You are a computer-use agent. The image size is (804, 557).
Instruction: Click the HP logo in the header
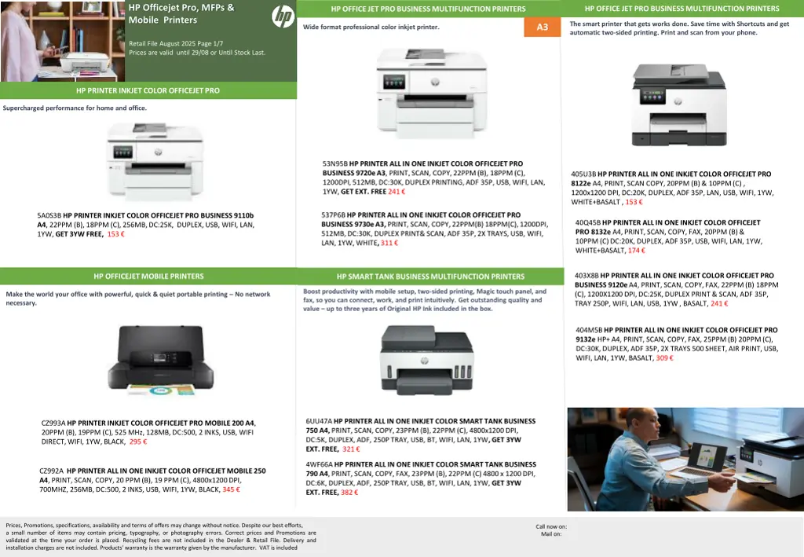point(283,16)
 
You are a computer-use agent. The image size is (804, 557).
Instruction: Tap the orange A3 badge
point(542,27)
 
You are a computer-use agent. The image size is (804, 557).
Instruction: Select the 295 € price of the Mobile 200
point(138,442)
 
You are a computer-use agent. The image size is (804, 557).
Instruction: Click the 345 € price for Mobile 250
point(231,489)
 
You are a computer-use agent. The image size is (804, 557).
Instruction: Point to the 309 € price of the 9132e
point(664,358)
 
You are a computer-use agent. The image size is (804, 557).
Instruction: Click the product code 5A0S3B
point(49,215)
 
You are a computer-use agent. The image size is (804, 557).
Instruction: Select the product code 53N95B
point(334,163)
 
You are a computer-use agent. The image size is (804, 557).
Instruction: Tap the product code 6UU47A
point(319,421)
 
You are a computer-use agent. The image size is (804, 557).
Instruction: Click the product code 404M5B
point(589,330)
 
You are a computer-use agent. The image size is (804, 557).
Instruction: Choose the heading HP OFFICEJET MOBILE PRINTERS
point(148,277)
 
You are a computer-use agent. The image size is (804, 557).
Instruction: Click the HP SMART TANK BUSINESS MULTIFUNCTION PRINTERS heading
point(431,277)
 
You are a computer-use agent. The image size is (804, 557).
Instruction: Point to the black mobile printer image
point(160,360)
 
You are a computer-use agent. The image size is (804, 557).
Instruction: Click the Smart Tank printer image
point(426,359)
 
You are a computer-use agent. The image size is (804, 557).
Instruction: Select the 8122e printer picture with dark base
point(679,104)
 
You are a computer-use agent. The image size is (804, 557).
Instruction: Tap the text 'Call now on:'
point(551,526)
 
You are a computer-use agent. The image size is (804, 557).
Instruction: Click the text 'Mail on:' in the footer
point(551,534)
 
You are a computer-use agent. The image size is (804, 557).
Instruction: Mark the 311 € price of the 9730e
point(389,243)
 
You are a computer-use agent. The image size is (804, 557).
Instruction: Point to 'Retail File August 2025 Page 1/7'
point(176,43)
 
